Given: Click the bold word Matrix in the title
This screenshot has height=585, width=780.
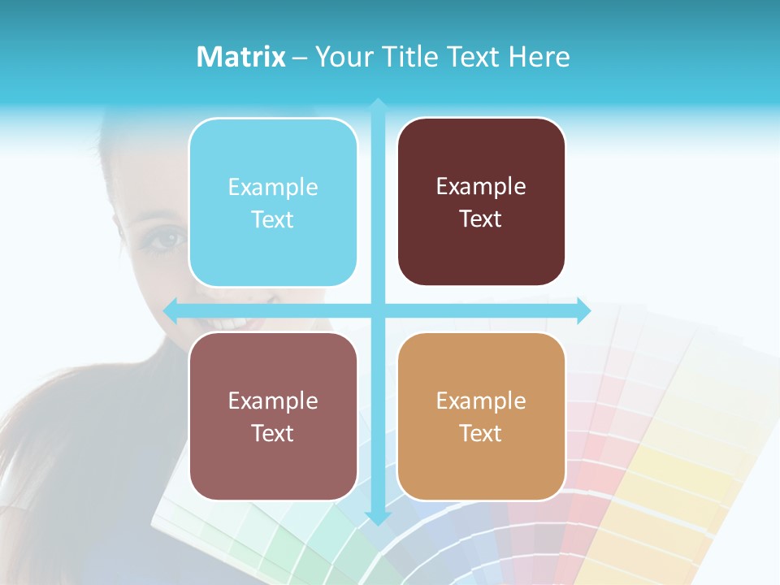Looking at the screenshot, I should pyautogui.click(x=241, y=57).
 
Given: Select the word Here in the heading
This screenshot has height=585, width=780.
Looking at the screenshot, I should pyautogui.click(x=539, y=57).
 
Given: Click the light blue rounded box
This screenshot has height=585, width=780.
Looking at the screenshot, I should pyautogui.click(x=273, y=202).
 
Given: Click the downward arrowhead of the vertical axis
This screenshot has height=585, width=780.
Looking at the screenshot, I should pyautogui.click(x=378, y=518).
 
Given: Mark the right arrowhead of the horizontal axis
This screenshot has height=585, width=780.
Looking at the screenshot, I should pyautogui.click(x=584, y=310).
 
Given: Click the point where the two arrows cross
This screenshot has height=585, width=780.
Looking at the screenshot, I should pyautogui.click(x=378, y=310).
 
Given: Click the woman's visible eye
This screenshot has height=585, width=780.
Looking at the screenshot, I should pyautogui.click(x=169, y=239).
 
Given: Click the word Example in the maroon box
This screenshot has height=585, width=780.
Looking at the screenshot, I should pyautogui.click(x=481, y=187).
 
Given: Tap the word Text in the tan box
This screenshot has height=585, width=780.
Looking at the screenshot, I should pyautogui.click(x=481, y=433).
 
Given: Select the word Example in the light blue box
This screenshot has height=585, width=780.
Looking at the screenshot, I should pyautogui.click(x=273, y=188).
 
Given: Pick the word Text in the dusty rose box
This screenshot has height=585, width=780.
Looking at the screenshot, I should pyautogui.click(x=273, y=433).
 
